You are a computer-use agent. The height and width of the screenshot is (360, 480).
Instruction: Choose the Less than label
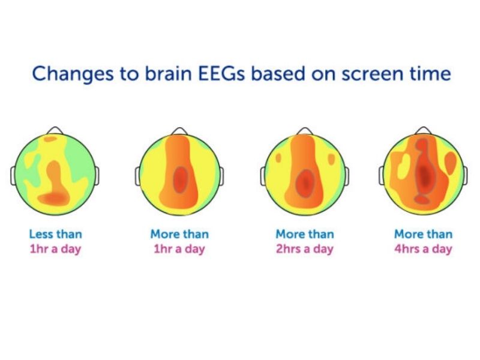(55, 234)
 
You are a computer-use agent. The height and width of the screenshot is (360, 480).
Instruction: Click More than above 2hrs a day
(305, 234)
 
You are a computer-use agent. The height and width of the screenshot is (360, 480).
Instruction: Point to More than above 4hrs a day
(423, 234)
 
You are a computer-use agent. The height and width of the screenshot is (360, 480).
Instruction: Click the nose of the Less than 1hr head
(55, 131)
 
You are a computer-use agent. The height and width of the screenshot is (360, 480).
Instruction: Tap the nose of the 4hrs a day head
(424, 131)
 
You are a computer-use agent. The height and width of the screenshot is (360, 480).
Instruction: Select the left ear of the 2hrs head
(263, 176)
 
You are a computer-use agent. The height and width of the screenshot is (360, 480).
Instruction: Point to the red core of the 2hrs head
(305, 179)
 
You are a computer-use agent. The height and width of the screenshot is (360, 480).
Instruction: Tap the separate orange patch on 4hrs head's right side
(451, 163)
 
